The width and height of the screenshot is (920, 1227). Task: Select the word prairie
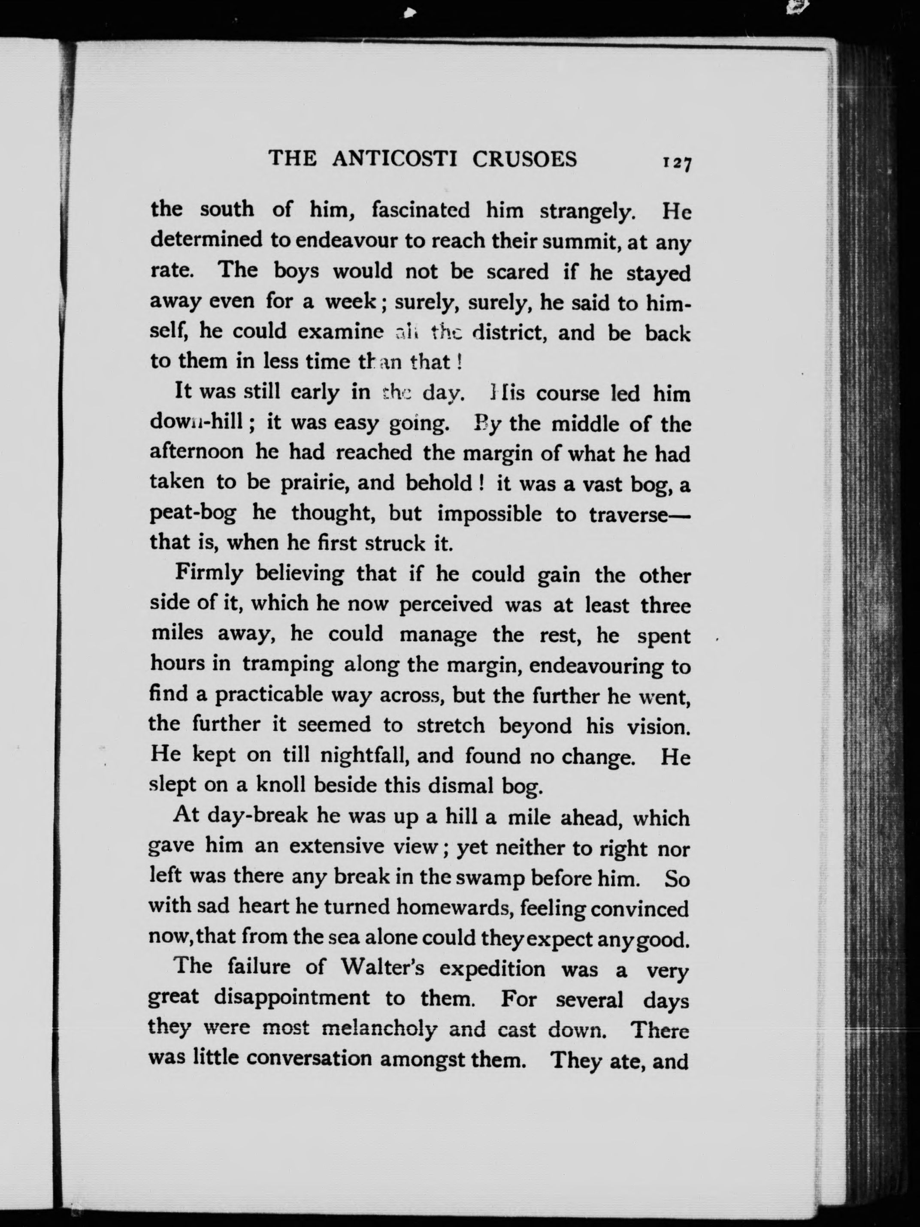[314, 484]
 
